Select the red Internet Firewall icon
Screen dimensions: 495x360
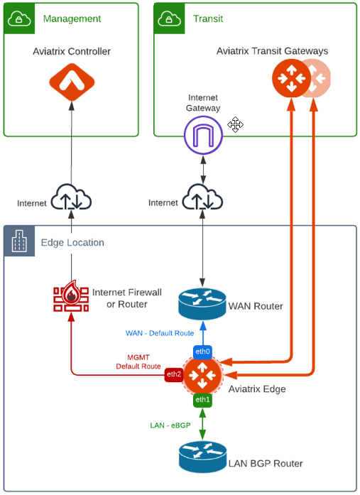71,299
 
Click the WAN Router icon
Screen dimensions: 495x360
202,305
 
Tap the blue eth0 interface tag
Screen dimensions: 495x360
203,352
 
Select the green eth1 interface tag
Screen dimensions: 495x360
203,400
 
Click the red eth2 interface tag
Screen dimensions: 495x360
173,374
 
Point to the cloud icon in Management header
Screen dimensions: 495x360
18,18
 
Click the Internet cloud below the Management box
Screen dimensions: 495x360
72,198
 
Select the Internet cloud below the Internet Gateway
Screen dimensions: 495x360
203,198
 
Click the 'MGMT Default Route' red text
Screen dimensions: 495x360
139,361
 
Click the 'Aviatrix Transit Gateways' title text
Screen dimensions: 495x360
273,51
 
